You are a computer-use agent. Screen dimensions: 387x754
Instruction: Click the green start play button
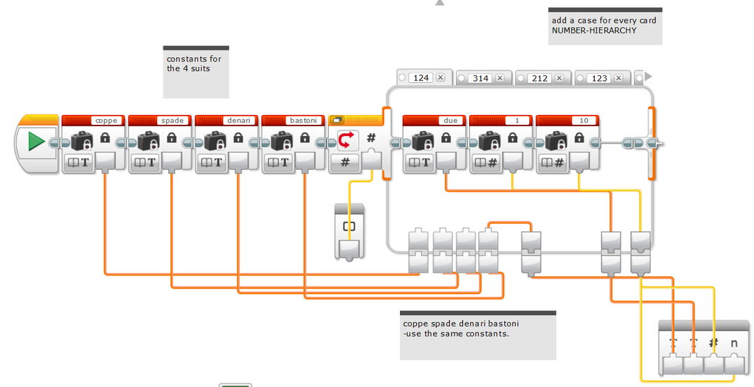(36, 142)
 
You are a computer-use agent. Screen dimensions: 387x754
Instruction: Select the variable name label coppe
(106, 121)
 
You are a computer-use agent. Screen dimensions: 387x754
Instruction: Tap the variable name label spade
(172, 121)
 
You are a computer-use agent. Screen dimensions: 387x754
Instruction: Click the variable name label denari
(239, 121)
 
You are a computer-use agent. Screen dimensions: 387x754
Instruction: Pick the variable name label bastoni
(305, 121)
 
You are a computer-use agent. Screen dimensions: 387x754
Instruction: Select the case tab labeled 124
(421, 78)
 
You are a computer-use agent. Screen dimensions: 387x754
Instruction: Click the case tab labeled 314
(480, 78)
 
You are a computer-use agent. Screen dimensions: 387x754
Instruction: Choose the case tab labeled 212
(540, 78)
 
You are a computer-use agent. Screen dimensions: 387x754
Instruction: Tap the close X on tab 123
(619, 78)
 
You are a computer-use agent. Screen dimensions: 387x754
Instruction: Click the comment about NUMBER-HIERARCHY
(605, 26)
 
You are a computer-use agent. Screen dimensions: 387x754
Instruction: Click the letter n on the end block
(734, 343)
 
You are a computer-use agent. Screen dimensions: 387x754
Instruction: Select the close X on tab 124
(441, 78)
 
